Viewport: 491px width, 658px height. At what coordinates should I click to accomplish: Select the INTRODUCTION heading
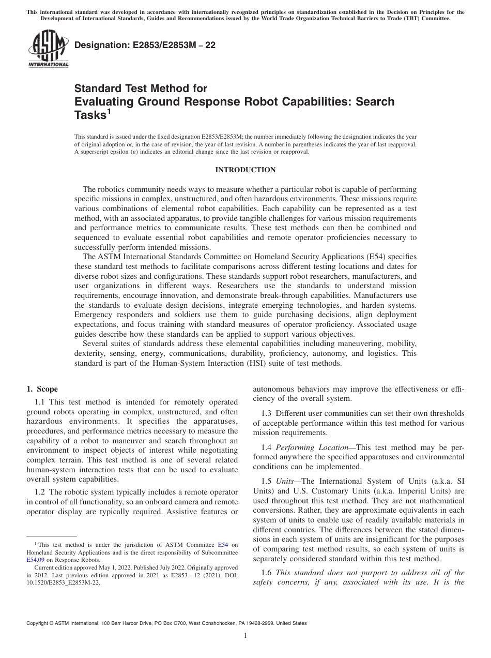pyautogui.click(x=245, y=170)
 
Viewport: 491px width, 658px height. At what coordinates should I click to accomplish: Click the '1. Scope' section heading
pyautogui.click(x=42, y=389)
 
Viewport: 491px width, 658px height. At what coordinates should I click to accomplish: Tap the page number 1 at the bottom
pyautogui.click(x=245, y=636)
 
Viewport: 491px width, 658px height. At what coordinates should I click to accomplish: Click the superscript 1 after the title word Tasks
pyautogui.click(x=109, y=111)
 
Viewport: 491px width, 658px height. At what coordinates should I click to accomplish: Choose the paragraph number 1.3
pyautogui.click(x=267, y=413)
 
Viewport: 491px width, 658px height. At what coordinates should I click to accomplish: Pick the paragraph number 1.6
pyautogui.click(x=267, y=572)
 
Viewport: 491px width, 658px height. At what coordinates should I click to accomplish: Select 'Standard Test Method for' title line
pyautogui.click(x=141, y=88)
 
